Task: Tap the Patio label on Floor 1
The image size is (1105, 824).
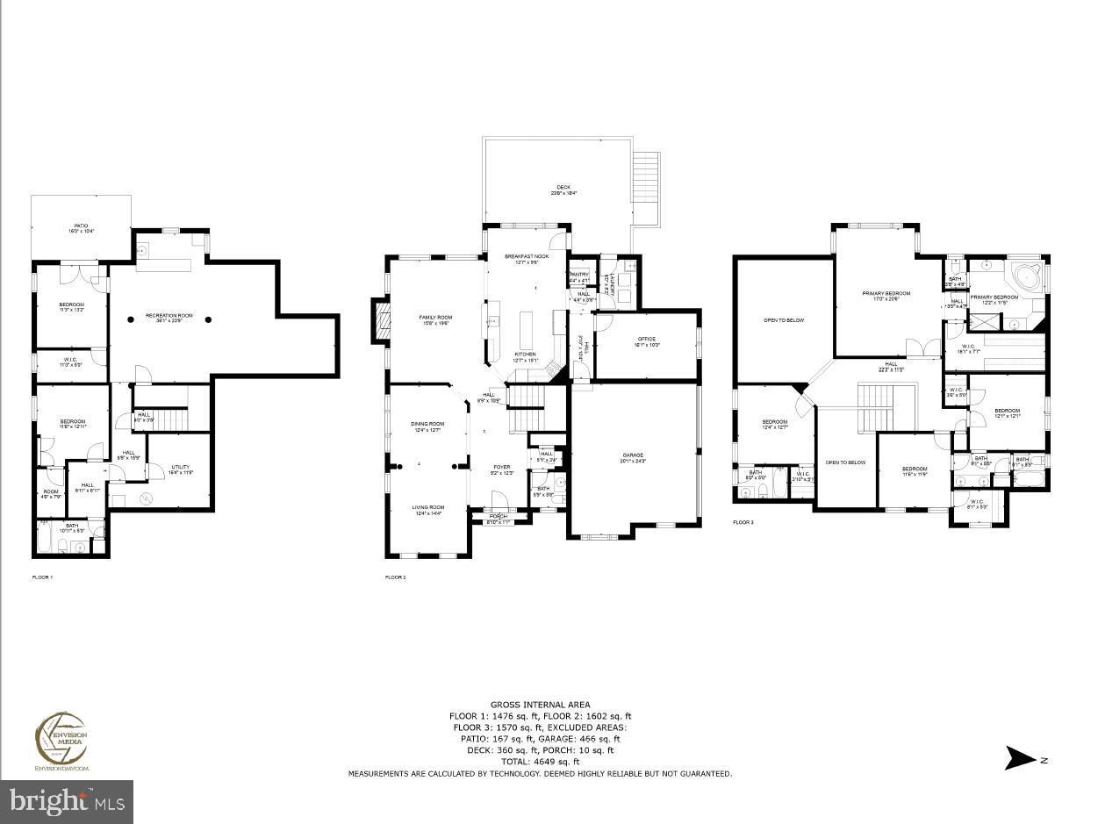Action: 81,228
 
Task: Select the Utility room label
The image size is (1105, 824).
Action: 179,469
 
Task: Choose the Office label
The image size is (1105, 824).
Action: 647,341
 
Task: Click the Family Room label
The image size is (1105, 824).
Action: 434,319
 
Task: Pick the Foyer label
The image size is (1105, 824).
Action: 501,469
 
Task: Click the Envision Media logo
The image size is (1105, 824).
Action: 61,742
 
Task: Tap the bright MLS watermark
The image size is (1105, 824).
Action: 67,801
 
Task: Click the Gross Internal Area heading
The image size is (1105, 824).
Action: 540,705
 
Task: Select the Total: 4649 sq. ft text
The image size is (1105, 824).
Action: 540,762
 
